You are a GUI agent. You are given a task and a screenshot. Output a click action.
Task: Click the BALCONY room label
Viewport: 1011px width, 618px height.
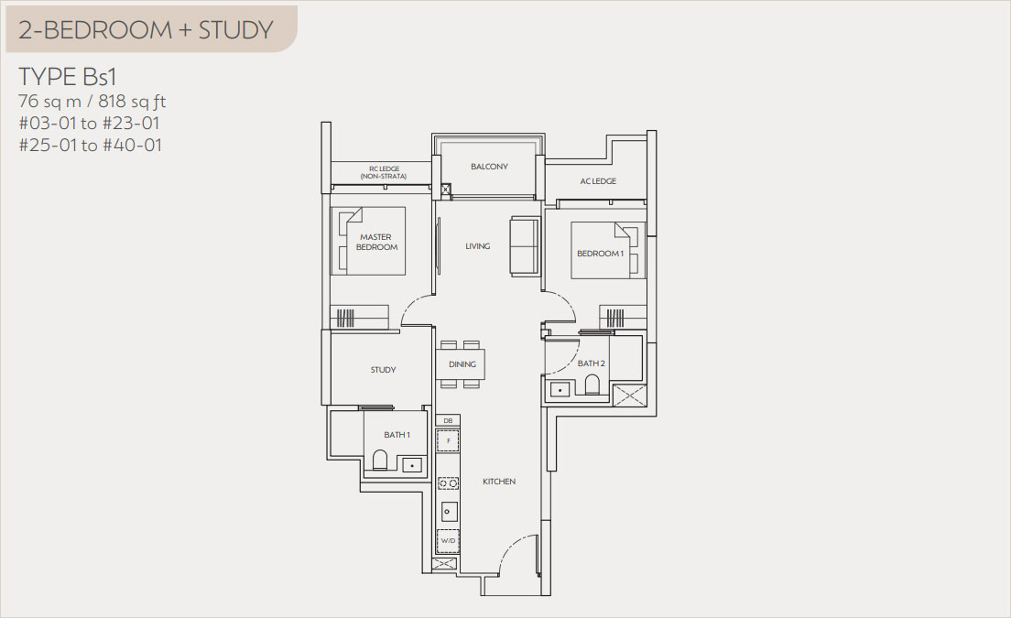(x=489, y=167)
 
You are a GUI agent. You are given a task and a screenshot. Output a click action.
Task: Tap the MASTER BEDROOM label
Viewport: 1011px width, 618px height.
(x=376, y=243)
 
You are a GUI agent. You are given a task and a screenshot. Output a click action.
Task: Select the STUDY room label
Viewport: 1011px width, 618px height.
(x=383, y=370)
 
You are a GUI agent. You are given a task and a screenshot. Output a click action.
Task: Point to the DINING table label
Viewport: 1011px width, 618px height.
(x=462, y=364)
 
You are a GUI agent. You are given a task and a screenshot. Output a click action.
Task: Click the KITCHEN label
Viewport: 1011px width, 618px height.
(x=499, y=482)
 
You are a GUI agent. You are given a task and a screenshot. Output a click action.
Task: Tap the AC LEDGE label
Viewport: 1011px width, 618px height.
(x=598, y=181)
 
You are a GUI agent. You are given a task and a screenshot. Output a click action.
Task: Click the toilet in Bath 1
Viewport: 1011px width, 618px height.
(x=380, y=461)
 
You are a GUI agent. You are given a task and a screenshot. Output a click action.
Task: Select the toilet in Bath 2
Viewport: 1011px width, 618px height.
(x=592, y=385)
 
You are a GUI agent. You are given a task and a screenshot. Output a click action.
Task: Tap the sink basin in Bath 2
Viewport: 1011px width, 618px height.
(x=559, y=388)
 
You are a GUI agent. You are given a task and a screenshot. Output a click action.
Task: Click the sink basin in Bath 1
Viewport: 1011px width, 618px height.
(x=411, y=464)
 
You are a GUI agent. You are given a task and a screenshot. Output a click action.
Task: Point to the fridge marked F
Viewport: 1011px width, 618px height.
(x=448, y=441)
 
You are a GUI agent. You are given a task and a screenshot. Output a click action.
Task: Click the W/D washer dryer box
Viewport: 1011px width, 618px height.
(x=448, y=541)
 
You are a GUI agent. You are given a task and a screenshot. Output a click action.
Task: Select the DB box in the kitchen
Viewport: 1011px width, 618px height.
(x=448, y=421)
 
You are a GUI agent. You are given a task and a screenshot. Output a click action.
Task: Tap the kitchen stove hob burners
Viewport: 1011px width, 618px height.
(x=448, y=482)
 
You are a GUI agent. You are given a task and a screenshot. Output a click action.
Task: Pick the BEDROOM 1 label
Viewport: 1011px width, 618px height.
(x=601, y=254)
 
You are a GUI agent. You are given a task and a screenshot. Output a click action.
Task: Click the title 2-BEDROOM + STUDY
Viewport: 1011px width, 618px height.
(x=146, y=30)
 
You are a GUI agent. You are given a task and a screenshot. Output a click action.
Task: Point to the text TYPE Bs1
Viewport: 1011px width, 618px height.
(x=68, y=77)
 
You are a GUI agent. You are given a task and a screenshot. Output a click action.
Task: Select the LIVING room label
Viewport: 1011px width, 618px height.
(x=478, y=246)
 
